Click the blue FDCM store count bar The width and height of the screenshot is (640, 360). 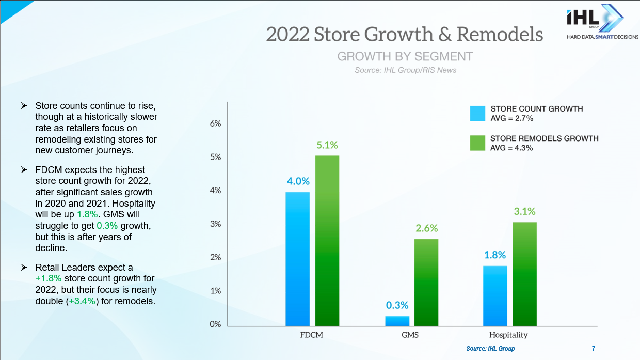(x=297, y=258)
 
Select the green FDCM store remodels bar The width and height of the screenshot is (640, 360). (x=327, y=240)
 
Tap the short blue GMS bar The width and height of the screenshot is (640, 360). (x=397, y=321)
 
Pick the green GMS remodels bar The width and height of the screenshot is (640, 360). (x=426, y=282)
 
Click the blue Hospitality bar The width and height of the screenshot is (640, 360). (x=495, y=295)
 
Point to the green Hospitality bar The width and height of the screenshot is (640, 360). (x=524, y=274)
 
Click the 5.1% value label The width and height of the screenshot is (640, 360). (x=327, y=145)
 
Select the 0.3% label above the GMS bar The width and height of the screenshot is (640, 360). (x=397, y=305)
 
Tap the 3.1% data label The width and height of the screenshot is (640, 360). (x=524, y=211)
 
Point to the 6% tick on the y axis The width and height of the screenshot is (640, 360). (x=215, y=123)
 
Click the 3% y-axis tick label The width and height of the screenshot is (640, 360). (x=215, y=224)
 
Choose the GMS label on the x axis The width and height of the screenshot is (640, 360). (x=410, y=335)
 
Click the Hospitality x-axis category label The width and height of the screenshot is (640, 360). (x=508, y=335)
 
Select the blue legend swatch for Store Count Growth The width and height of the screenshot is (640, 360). (x=477, y=114)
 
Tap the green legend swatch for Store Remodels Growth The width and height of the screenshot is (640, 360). (x=477, y=143)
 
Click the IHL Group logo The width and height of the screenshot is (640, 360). (x=595, y=23)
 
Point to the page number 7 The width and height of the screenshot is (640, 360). (x=594, y=349)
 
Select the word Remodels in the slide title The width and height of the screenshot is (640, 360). (x=500, y=34)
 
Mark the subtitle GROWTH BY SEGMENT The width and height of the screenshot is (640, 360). (x=405, y=56)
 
